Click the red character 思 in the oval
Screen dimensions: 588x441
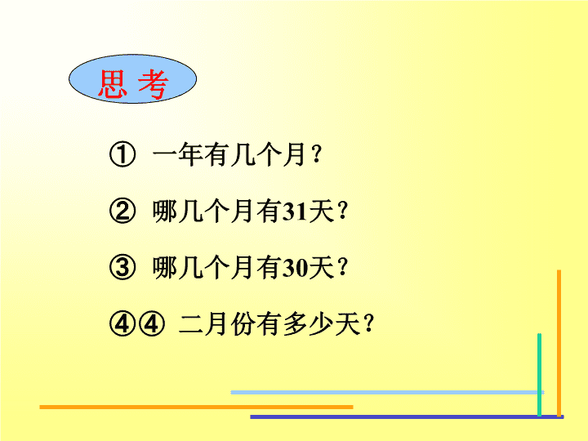[x=112, y=84]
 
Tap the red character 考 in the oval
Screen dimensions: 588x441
[x=153, y=84]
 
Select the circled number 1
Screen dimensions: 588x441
[x=122, y=154]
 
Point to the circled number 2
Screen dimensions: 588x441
[x=122, y=212]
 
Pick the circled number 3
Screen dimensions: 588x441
[x=122, y=268]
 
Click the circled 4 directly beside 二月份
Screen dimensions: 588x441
[x=152, y=324]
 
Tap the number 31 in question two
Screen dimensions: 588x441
[x=294, y=212]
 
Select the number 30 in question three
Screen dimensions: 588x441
[x=294, y=269]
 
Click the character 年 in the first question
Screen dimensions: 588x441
[x=190, y=154]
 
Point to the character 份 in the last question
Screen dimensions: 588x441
[x=243, y=324]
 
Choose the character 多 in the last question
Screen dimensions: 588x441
[x=296, y=324]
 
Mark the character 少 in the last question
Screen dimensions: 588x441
[x=322, y=324]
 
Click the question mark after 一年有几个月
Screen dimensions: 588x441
[x=317, y=154]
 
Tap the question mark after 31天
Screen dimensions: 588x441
[x=343, y=212]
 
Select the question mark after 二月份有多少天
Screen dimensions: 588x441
[x=369, y=324]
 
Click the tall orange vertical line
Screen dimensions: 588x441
[x=559, y=344]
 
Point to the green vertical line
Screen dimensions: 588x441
[x=539, y=375]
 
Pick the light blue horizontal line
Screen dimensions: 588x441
[x=387, y=392]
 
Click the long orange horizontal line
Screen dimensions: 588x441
[x=196, y=407]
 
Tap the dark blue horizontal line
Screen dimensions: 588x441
[x=407, y=416]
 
